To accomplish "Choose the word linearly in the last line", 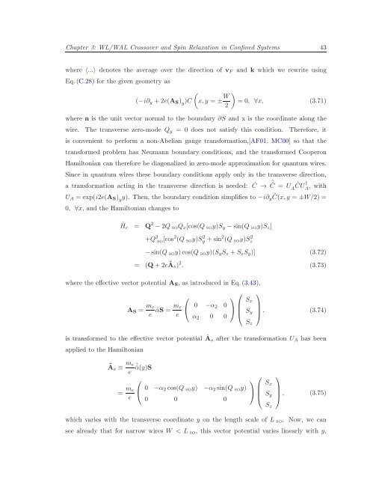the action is coord(297,466).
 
